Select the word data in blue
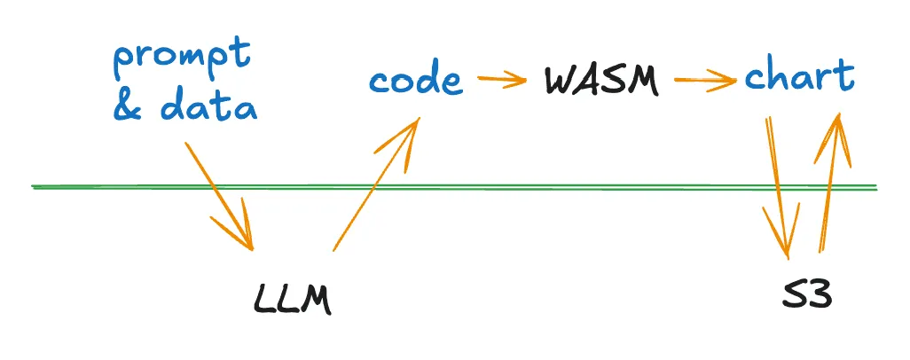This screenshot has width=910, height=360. click(x=210, y=109)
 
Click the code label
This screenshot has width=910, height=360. click(x=416, y=81)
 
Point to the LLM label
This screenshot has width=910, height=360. click(x=292, y=300)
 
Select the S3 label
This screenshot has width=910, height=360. click(x=807, y=295)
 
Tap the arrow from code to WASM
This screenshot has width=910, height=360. click(x=501, y=81)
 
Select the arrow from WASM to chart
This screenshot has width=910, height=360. click(x=705, y=82)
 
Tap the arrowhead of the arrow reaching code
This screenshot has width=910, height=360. click(x=409, y=133)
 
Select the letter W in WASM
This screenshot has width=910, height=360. click(x=561, y=81)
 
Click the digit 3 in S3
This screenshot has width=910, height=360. click(x=820, y=295)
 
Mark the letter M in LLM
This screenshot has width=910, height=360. click(x=315, y=301)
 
